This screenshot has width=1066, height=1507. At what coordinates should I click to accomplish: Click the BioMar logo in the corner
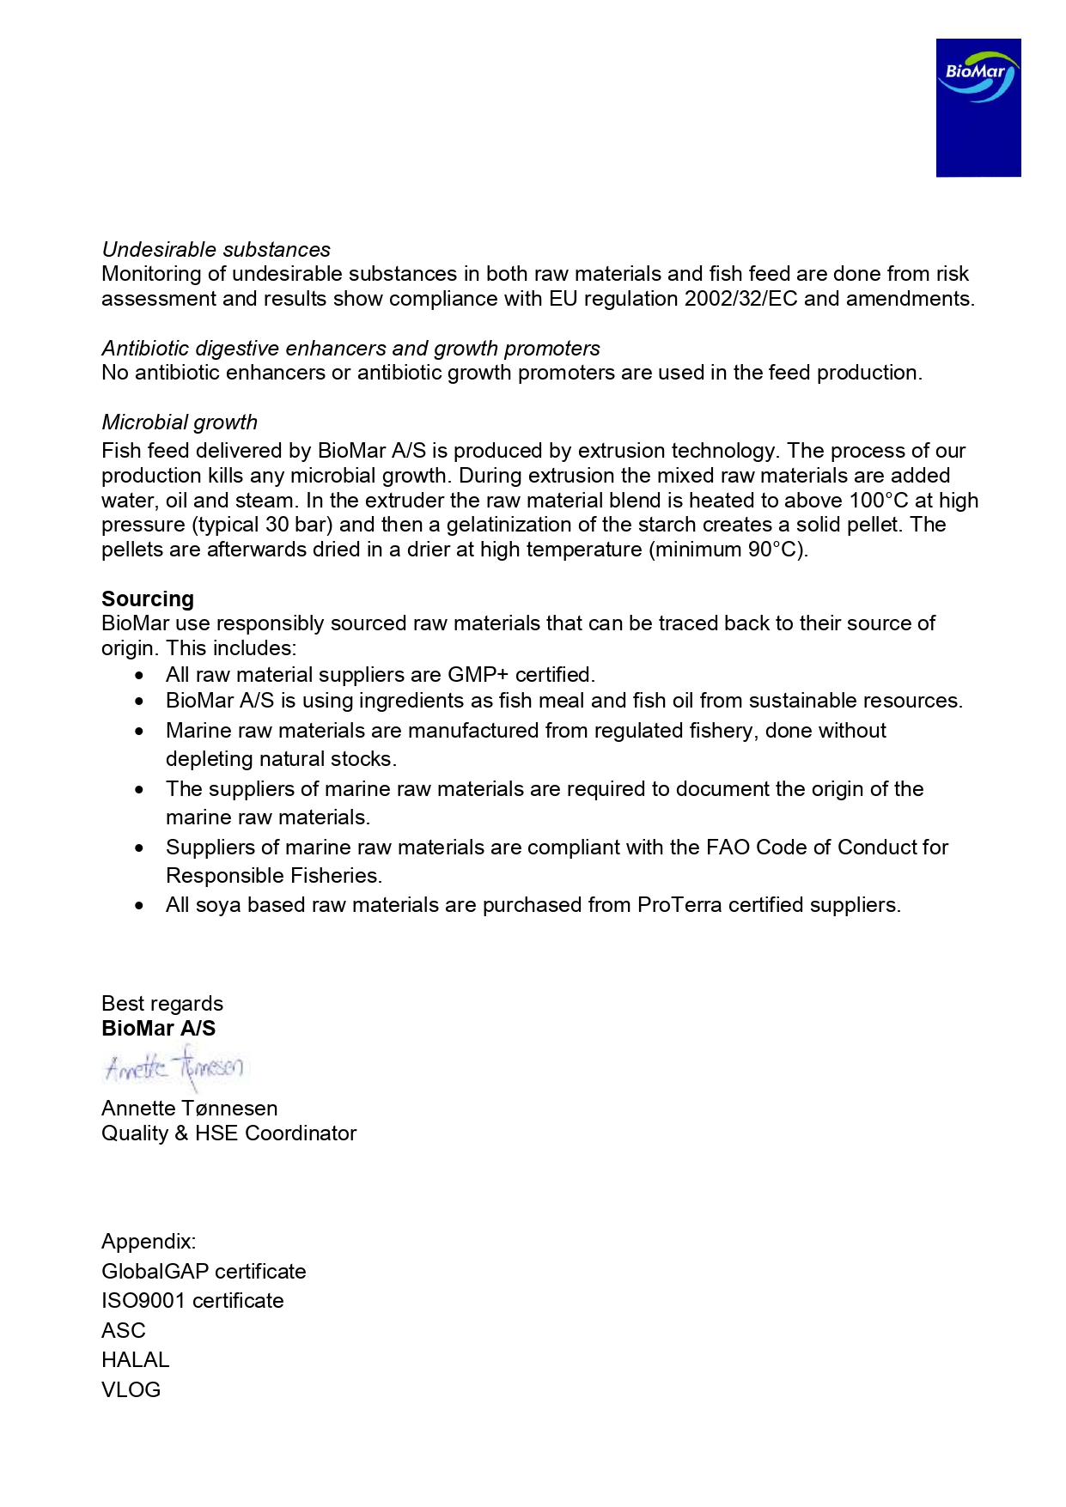click(978, 107)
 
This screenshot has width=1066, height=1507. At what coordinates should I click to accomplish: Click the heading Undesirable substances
click(216, 250)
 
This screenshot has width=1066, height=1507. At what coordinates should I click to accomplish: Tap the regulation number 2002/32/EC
click(741, 299)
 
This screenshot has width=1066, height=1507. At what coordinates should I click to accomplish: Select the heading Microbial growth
click(180, 422)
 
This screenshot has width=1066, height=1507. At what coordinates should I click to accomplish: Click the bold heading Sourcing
click(148, 599)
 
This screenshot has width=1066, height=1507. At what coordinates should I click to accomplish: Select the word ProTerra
click(679, 905)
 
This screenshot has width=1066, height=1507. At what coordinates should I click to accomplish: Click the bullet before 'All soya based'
click(140, 906)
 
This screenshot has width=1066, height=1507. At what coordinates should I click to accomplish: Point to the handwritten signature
click(174, 1067)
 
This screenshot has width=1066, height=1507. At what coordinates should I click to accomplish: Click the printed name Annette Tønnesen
click(189, 1109)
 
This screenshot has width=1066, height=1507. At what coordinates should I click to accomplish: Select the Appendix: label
click(149, 1242)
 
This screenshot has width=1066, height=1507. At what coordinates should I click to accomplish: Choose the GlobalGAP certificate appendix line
click(204, 1272)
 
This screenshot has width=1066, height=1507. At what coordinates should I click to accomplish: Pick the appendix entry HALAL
click(136, 1360)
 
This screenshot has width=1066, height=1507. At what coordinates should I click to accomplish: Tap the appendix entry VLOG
click(131, 1390)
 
